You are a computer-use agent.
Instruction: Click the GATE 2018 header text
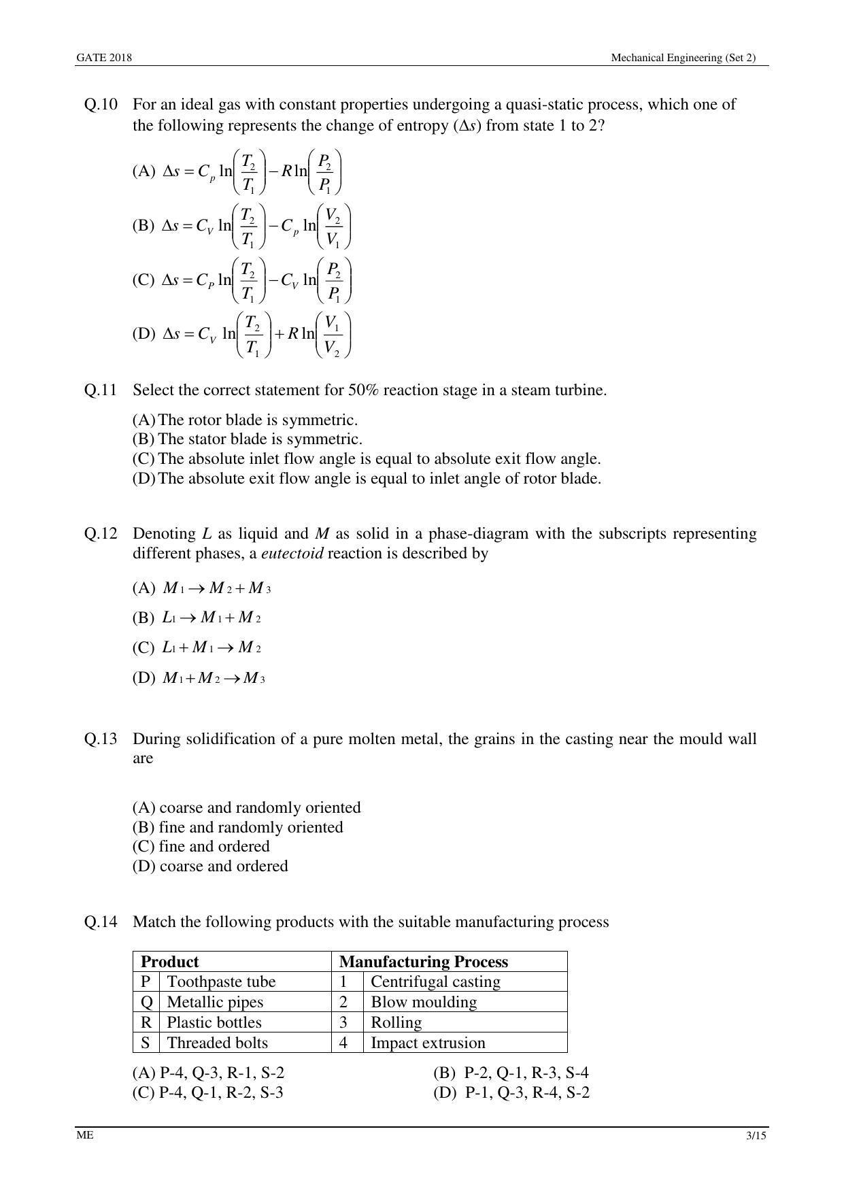[x=104, y=58]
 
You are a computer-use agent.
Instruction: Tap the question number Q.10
[x=101, y=105]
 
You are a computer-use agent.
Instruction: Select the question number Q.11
[x=101, y=390]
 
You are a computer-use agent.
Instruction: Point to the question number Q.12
[x=101, y=534]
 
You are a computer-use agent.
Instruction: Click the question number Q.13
[x=101, y=739]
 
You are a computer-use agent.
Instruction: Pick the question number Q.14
[x=101, y=922]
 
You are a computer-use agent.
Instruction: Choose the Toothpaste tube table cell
[x=221, y=982]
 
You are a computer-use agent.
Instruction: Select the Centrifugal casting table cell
[x=435, y=982]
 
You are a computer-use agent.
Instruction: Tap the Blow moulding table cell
[x=424, y=1003]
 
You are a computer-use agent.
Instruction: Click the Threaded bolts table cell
[x=217, y=1043]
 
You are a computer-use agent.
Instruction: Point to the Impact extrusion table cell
[x=428, y=1043]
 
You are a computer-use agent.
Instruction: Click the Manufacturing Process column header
[x=423, y=962]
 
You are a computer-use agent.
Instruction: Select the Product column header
[x=169, y=962]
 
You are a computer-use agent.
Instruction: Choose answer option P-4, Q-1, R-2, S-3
[x=208, y=1093]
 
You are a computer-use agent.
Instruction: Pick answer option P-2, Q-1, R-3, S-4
[x=511, y=1073]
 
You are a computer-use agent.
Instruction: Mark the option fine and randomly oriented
[x=238, y=828]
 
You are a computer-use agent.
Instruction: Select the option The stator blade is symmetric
[x=248, y=439]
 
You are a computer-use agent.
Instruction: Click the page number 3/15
[x=756, y=1136]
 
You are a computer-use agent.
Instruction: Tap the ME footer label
[x=85, y=1136]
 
